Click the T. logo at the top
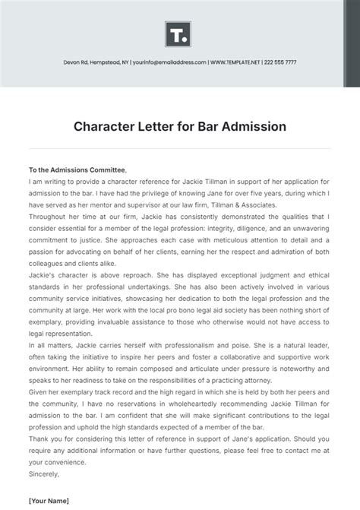tap(179, 34)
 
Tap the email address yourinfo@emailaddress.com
tap(169, 62)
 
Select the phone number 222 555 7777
tap(281, 62)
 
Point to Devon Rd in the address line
tap(75, 62)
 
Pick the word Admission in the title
tap(256, 126)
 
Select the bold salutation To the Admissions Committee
tap(77, 170)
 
